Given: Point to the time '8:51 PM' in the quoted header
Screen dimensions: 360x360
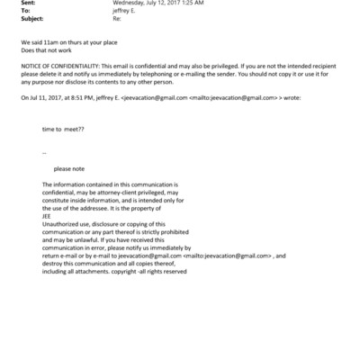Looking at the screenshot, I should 81,97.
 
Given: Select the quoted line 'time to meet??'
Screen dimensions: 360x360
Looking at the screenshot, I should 65,129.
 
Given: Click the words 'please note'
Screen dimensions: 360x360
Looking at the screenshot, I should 69,168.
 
